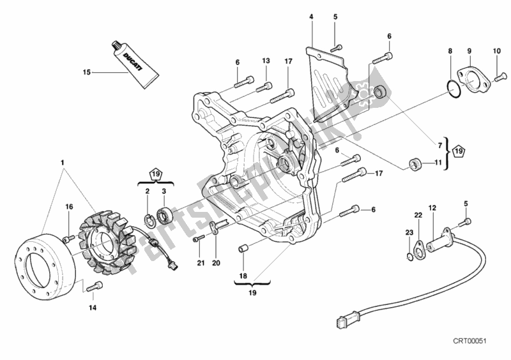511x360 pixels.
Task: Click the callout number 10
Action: (497, 51)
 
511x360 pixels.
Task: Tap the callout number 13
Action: (265, 61)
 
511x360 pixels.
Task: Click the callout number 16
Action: (68, 207)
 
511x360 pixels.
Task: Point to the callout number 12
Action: (432, 208)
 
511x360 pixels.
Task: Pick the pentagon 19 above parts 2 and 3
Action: (155, 173)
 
